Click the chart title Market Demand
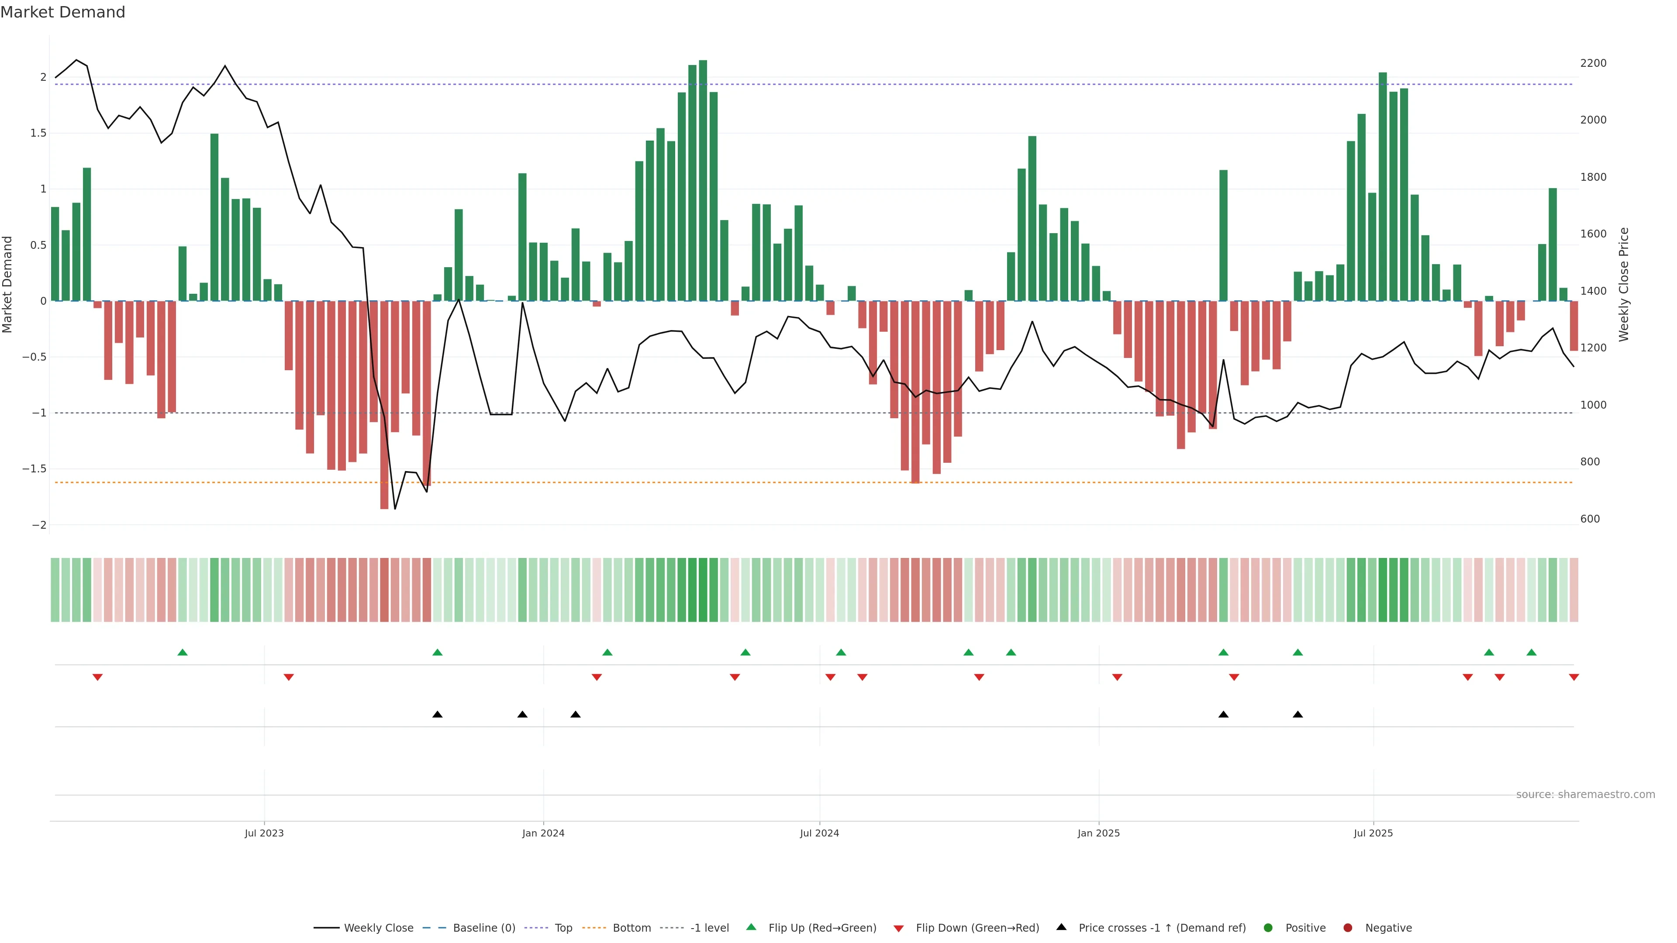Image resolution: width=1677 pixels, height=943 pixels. [62, 12]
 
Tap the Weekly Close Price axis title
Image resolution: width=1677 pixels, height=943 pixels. [1624, 284]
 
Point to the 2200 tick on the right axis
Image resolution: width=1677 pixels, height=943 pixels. [1593, 63]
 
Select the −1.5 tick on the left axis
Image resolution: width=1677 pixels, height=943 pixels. [35, 468]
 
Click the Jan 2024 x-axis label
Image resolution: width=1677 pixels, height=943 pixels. [543, 833]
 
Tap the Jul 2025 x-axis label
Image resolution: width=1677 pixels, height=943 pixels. [1373, 833]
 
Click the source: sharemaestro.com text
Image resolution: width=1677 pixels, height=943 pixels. [1585, 794]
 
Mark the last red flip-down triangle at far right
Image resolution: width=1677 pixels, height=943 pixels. [1573, 678]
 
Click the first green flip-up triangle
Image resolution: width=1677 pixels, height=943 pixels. [182, 652]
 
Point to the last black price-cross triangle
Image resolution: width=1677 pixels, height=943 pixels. [1297, 715]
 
